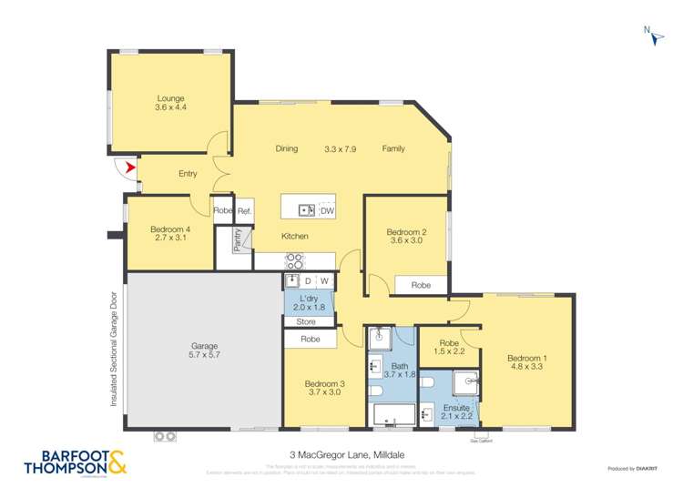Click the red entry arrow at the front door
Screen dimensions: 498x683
[x=129, y=168]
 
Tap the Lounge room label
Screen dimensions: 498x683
[x=170, y=98]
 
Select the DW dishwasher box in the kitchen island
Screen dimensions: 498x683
[x=326, y=210]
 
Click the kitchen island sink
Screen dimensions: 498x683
[x=307, y=210]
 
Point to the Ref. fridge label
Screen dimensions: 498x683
[x=244, y=210]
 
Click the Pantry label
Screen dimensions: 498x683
[x=238, y=239]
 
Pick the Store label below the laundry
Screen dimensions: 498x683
[x=306, y=321]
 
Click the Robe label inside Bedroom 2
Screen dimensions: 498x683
[x=420, y=285]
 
